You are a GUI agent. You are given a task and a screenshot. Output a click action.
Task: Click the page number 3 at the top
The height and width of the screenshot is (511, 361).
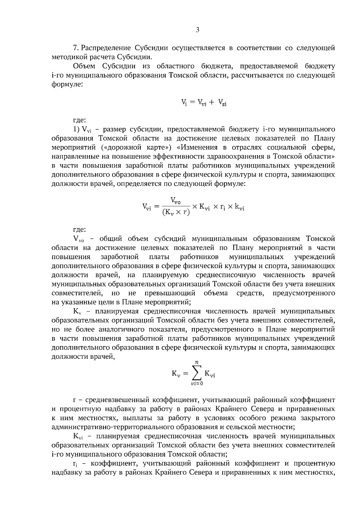(x=197, y=30)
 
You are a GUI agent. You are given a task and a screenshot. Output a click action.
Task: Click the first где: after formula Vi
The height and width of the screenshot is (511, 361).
(x=79, y=121)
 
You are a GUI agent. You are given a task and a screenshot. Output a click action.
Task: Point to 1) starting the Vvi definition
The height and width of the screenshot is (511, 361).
(x=76, y=130)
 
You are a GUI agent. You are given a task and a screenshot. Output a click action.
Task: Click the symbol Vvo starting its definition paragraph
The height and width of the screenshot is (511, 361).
(x=79, y=239)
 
